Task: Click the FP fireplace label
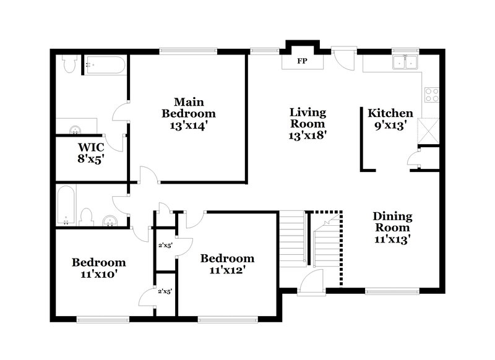[303, 62]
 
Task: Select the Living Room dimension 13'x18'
[308, 135]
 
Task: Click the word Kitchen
[390, 113]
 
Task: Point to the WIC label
[90, 147]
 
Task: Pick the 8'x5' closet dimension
[90, 158]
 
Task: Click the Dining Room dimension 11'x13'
[392, 238]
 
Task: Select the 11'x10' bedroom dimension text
[98, 273]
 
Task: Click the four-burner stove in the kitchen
[431, 95]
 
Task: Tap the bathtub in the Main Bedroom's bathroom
[106, 64]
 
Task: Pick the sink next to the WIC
[75, 129]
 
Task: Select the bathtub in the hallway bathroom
[65, 205]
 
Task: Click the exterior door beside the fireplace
[341, 59]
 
